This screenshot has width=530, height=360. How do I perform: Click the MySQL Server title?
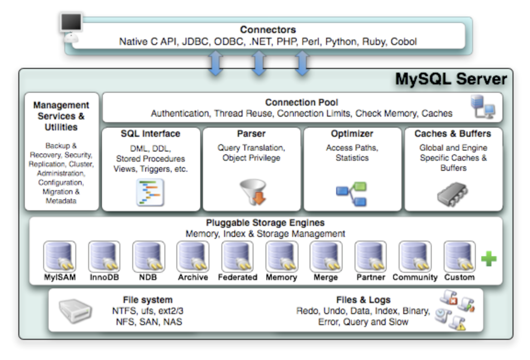[x=451, y=79]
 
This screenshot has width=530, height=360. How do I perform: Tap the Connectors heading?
[x=268, y=30]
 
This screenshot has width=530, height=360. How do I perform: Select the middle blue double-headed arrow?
[x=259, y=63]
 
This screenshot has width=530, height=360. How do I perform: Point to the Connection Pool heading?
[x=302, y=102]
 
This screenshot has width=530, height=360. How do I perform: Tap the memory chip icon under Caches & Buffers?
[x=452, y=191]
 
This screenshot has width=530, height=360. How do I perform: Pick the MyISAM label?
[x=60, y=278]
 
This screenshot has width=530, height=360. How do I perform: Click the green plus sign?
[x=489, y=259]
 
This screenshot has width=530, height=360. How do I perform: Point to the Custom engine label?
[x=459, y=278]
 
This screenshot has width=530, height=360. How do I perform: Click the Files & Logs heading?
[x=363, y=300]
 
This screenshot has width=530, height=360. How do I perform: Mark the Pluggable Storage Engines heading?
[x=265, y=223]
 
